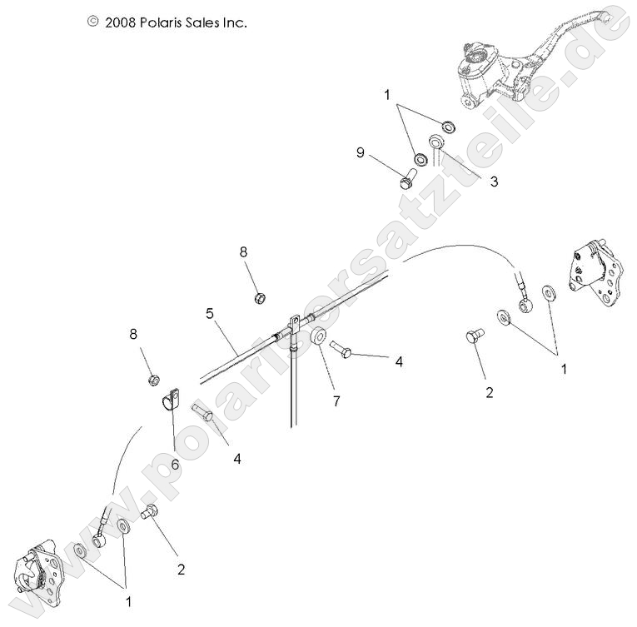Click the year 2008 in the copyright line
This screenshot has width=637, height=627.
[122, 22]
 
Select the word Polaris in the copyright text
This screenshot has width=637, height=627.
[167, 22]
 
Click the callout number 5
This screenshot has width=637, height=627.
[211, 314]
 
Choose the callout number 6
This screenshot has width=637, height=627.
[174, 465]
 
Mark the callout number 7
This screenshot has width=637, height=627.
[336, 401]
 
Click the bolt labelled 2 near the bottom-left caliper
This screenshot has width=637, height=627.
[151, 514]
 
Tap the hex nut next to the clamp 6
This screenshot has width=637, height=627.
[153, 380]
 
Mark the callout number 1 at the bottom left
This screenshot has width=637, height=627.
[128, 600]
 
